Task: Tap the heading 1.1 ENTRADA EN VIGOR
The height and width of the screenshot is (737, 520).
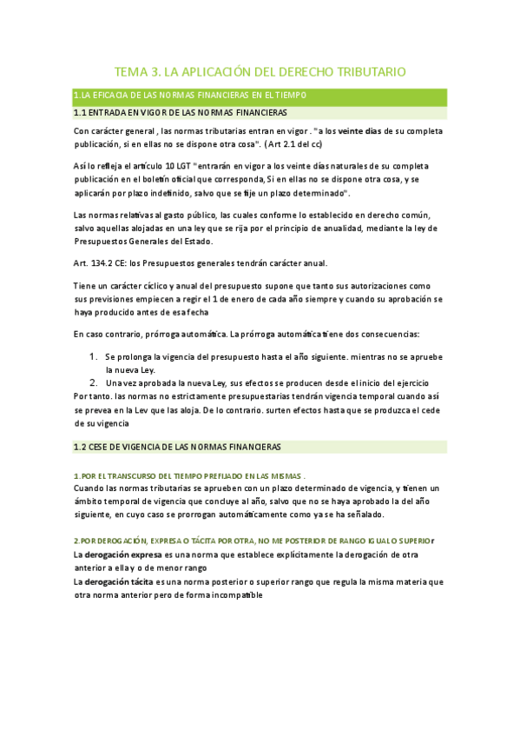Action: [x=181, y=113]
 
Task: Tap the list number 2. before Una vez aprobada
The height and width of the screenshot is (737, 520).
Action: [x=95, y=383]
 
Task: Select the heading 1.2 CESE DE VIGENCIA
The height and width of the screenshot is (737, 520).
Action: [x=177, y=447]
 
